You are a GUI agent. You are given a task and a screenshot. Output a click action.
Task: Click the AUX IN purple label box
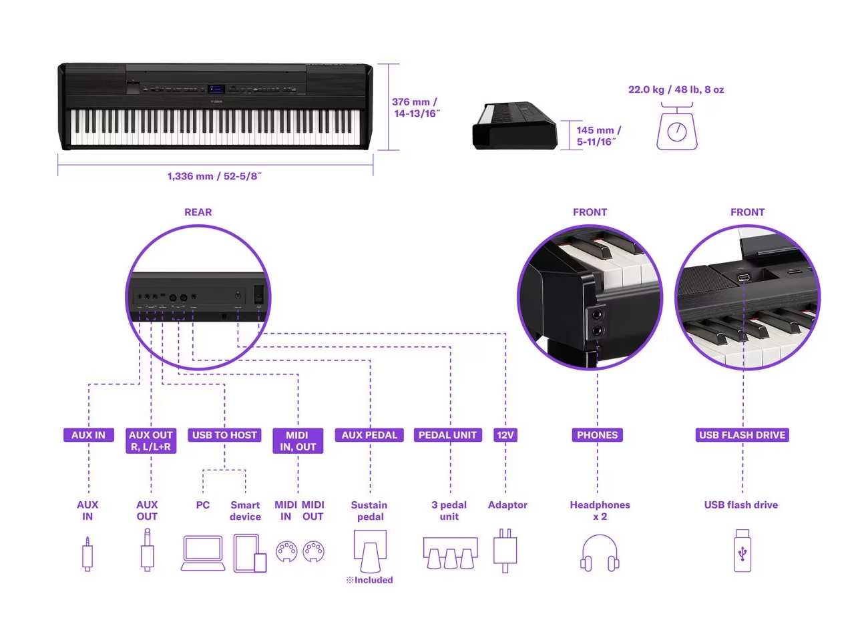(88, 435)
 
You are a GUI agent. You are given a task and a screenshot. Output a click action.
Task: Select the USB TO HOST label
(224, 435)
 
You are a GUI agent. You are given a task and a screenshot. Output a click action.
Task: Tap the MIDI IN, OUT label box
(298, 441)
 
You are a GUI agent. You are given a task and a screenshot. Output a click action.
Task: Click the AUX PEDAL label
(369, 435)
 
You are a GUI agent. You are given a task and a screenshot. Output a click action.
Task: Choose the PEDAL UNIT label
(447, 435)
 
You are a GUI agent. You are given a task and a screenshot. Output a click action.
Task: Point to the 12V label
(505, 435)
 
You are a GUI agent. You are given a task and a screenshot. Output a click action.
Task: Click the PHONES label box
(597, 435)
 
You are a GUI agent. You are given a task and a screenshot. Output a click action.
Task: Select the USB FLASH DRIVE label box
(742, 435)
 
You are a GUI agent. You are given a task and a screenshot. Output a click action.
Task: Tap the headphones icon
(600, 553)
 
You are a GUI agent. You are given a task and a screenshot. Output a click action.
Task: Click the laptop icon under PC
(203, 553)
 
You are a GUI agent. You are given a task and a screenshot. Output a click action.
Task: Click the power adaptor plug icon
(505, 551)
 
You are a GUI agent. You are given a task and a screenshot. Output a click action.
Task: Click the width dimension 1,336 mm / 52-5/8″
(214, 176)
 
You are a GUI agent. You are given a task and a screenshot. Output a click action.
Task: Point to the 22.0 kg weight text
(676, 89)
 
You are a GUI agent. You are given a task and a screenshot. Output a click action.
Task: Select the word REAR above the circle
(198, 212)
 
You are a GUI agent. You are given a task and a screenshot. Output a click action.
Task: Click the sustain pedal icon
(370, 551)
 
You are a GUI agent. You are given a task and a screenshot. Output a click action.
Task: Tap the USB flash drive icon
(742, 551)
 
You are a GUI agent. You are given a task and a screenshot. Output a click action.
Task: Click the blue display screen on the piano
(216, 89)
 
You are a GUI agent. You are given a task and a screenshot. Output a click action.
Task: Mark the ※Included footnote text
(369, 580)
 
